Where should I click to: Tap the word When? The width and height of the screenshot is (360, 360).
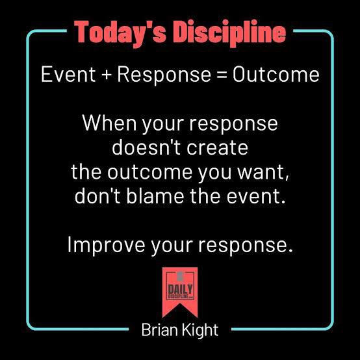[109, 123]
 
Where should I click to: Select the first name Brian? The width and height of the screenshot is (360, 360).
[158, 330]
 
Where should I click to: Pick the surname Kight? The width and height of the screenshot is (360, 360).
[200, 330]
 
